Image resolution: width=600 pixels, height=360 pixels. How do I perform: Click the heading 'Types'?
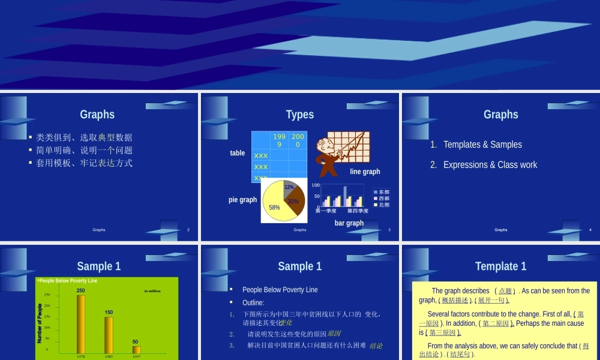(299, 115)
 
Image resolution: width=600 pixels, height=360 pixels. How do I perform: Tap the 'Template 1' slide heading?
(500, 266)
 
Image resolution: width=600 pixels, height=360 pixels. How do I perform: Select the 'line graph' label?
(365, 172)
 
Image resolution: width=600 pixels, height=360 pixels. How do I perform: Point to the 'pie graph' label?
(242, 200)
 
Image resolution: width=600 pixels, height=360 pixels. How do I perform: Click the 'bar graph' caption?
(349, 223)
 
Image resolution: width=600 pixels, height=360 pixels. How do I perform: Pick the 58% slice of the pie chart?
(275, 206)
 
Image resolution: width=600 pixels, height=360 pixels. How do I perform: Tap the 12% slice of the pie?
(289, 187)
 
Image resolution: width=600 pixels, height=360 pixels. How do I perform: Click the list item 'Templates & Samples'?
(482, 145)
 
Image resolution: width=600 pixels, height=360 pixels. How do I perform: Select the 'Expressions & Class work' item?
(490, 165)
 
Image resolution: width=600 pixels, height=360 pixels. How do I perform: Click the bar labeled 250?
(80, 323)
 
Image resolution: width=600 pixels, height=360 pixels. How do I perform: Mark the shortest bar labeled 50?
(136, 349)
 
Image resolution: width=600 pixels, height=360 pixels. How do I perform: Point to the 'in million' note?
(152, 291)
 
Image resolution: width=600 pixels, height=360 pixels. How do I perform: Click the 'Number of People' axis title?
(40, 323)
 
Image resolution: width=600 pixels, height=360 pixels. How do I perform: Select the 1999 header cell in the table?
(280, 140)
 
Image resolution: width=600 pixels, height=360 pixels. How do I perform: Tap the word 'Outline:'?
(253, 302)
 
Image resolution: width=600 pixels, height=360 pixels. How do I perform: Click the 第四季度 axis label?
(358, 211)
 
